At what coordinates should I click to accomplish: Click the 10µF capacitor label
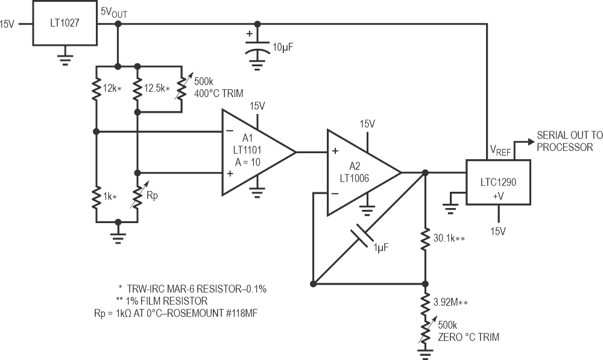282,46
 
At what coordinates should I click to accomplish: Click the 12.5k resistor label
156,89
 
